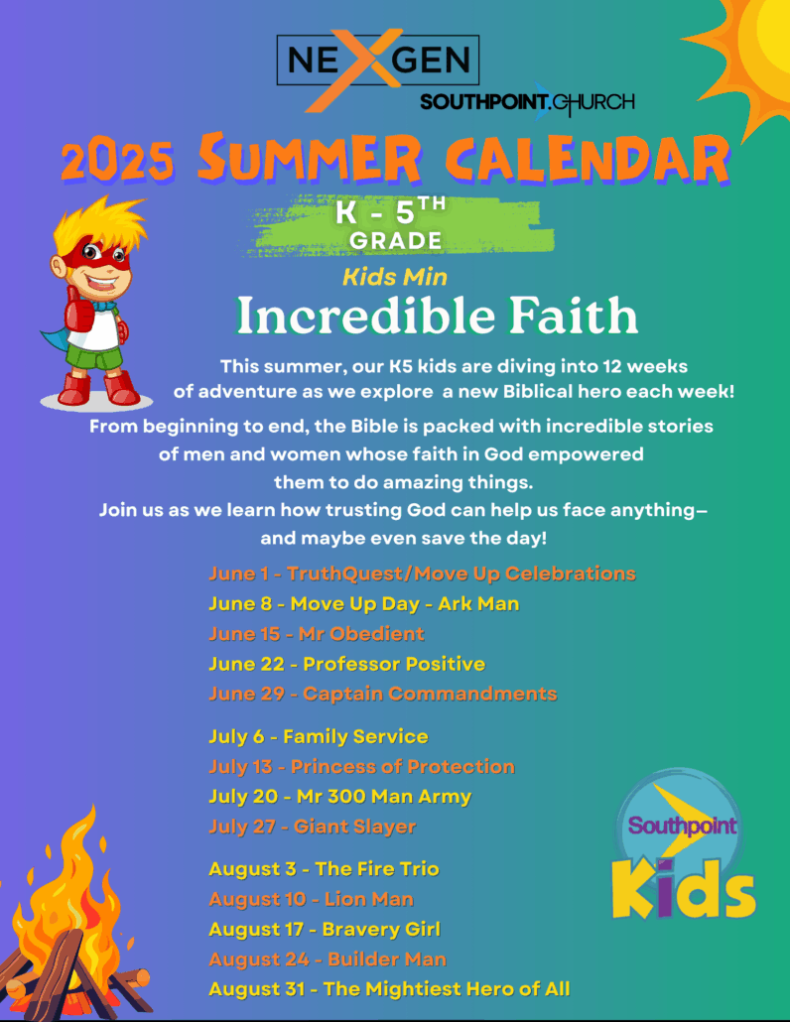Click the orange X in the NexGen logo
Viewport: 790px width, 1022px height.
click(x=355, y=69)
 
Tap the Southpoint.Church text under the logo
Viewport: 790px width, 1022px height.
click(x=527, y=101)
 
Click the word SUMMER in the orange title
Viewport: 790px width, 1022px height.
click(x=310, y=158)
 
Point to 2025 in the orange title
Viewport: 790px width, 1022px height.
click(x=118, y=161)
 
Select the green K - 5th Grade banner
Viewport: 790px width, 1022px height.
click(x=399, y=223)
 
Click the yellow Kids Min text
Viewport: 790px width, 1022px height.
click(x=395, y=277)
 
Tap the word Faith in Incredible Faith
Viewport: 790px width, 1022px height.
click(x=573, y=316)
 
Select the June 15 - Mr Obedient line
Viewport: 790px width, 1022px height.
click(x=317, y=633)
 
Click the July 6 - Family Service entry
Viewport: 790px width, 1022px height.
click(x=319, y=736)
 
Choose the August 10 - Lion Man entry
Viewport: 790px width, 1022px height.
click(x=311, y=900)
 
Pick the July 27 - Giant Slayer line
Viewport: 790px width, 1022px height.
click(x=313, y=827)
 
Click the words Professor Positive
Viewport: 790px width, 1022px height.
click(x=394, y=664)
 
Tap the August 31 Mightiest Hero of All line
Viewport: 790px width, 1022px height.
click(x=389, y=989)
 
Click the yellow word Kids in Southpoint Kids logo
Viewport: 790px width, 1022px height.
click(x=683, y=889)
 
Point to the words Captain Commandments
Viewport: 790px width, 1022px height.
click(x=430, y=694)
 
